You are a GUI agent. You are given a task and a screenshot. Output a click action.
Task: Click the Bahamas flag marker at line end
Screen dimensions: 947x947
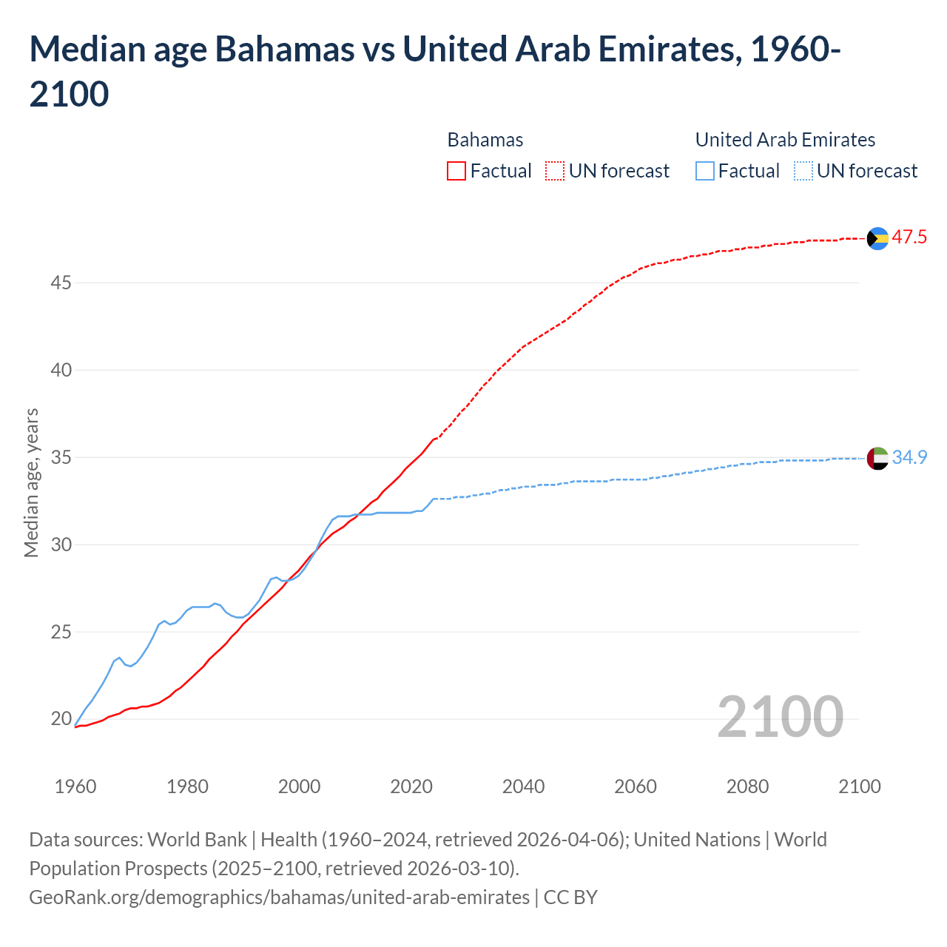(877, 238)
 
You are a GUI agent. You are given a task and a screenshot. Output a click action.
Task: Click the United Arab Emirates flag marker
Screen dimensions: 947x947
(877, 458)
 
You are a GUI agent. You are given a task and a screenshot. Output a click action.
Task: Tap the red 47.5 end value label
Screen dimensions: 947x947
(909, 237)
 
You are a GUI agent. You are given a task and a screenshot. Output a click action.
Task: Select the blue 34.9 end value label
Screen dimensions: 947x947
(909, 458)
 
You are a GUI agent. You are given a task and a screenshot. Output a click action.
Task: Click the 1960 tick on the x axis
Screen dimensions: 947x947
(75, 786)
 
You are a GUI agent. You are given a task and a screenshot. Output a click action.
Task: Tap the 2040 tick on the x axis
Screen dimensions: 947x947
(523, 786)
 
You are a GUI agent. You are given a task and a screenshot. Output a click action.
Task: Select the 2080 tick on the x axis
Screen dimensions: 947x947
(747, 786)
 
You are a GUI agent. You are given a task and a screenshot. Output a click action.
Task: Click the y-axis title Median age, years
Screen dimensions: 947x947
(31, 482)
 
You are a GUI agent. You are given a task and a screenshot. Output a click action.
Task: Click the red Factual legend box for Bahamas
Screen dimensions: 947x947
(456, 171)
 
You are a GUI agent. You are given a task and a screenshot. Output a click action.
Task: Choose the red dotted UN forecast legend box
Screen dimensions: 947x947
(555, 171)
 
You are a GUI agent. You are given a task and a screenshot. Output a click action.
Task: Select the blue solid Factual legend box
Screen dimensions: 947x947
(705, 171)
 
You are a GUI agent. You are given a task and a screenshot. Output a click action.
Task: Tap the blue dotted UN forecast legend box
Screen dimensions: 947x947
(803, 171)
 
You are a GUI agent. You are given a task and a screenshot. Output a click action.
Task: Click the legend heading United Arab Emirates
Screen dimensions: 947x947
(785, 140)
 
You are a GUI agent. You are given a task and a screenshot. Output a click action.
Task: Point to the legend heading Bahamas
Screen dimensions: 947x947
(485, 140)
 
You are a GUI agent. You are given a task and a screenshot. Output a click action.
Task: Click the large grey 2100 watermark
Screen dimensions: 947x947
(780, 717)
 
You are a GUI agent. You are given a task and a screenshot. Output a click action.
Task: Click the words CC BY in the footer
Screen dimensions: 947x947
(570, 897)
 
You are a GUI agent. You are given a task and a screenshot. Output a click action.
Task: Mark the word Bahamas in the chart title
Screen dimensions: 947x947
(284, 50)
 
